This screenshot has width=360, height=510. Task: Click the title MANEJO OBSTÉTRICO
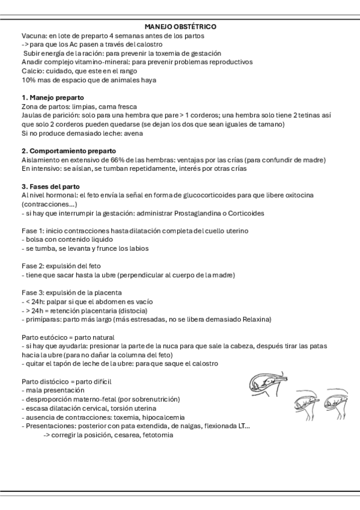point(180,27)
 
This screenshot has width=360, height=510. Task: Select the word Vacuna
point(33,36)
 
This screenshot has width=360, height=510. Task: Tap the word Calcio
point(32,70)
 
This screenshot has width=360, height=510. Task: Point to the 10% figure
point(28,79)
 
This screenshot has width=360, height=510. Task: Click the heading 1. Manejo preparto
point(52,97)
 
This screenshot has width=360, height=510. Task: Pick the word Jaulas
point(32,115)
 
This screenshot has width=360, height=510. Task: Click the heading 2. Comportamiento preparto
point(69,150)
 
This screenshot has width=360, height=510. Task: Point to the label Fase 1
point(32,231)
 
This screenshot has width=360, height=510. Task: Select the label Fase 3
point(32,292)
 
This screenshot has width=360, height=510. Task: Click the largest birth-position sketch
point(270,382)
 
